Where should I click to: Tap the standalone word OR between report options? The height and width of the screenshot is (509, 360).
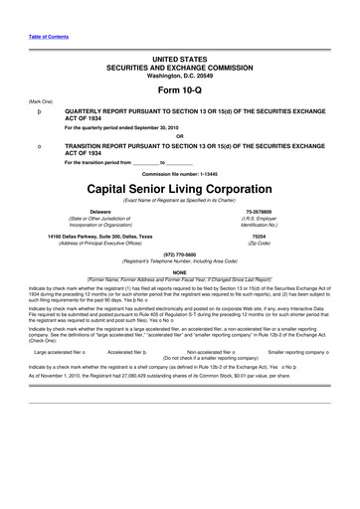click(179, 136)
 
